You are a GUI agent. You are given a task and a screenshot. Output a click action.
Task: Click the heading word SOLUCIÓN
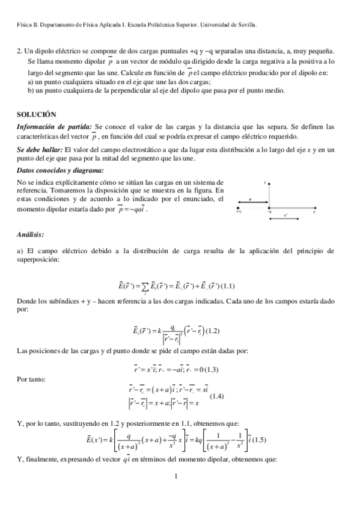coord(36,114)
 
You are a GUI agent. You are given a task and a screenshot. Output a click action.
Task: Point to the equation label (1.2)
coord(213,331)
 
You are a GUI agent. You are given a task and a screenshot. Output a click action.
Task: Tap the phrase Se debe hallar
coord(40,149)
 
